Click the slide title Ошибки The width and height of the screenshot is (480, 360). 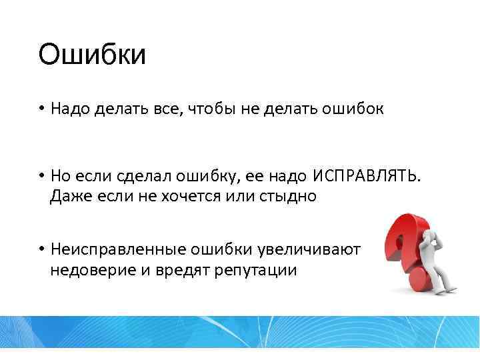[x=91, y=55]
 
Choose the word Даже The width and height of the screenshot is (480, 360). [x=68, y=197]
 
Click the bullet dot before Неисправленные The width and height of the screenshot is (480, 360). [x=41, y=249]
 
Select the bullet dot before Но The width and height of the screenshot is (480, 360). [x=41, y=176]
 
